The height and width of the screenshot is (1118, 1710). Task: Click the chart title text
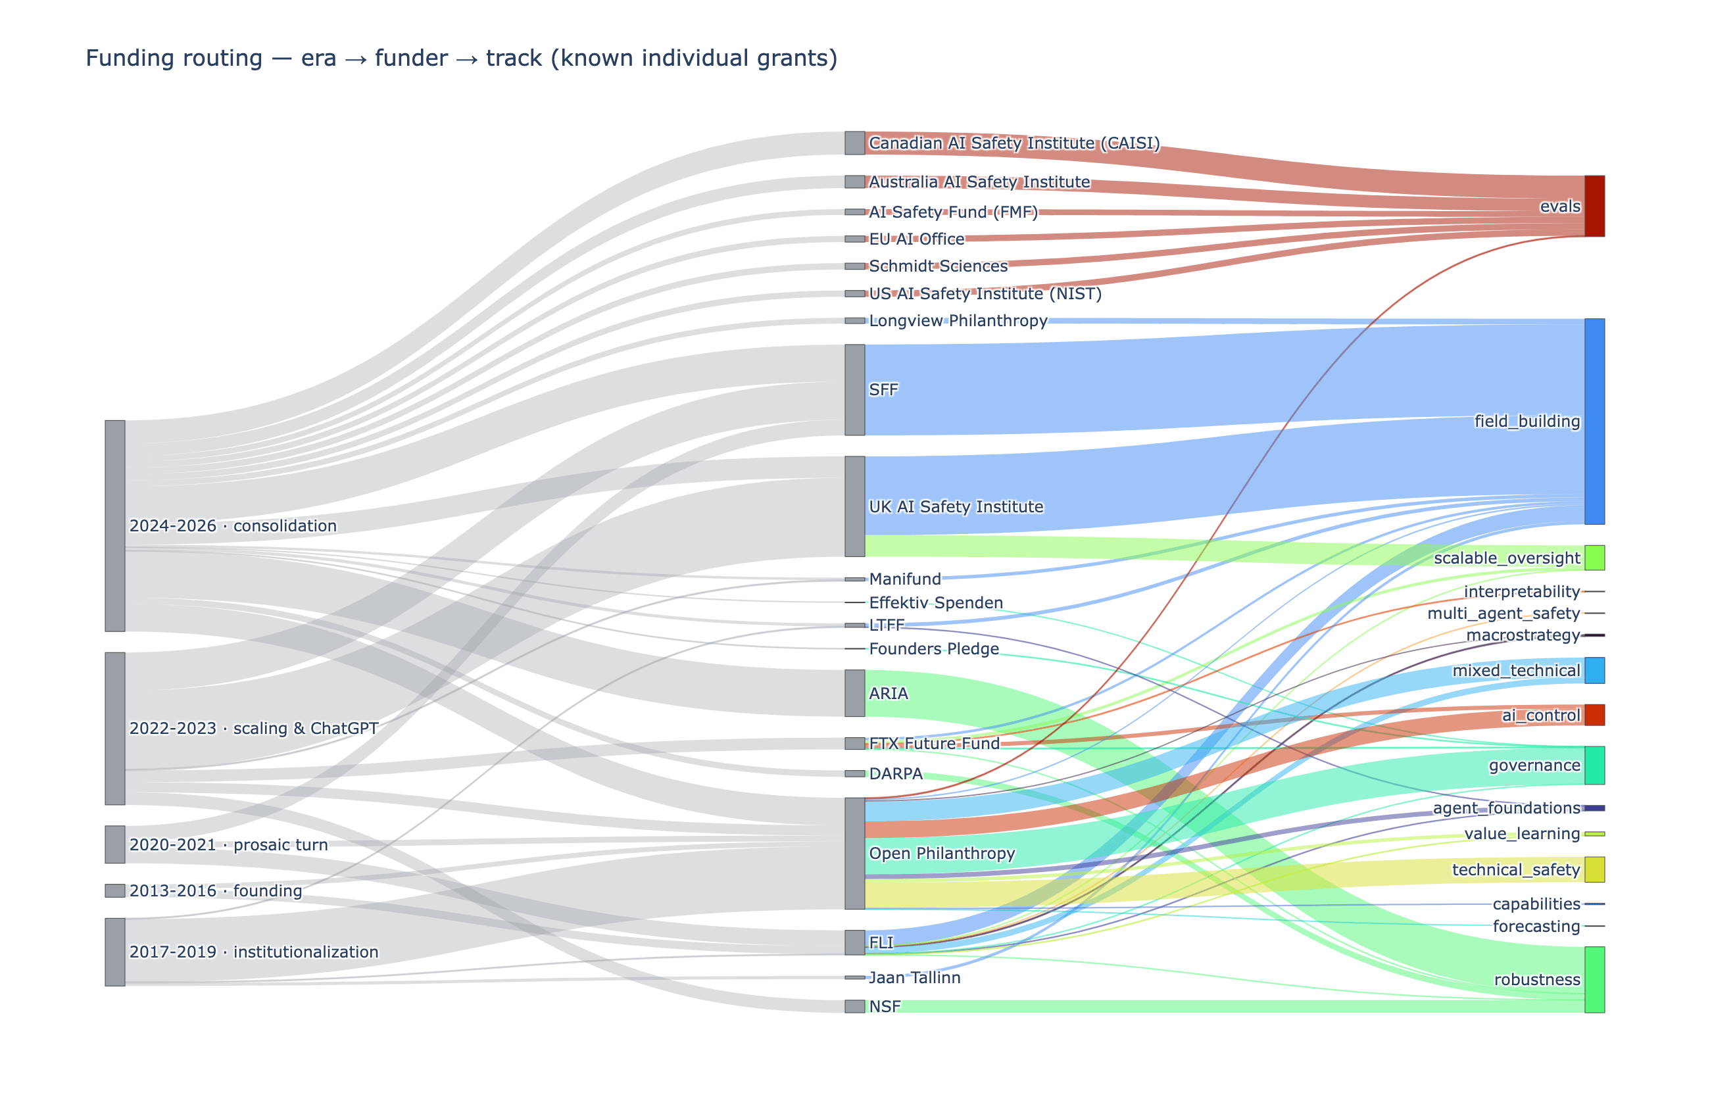(x=461, y=58)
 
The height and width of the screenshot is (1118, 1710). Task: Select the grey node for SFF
(x=854, y=389)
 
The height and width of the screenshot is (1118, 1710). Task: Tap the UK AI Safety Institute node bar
(x=854, y=506)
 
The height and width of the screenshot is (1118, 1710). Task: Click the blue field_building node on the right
(x=1594, y=421)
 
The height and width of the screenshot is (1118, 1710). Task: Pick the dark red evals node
(x=1594, y=207)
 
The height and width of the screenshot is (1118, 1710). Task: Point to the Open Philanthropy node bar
(x=854, y=853)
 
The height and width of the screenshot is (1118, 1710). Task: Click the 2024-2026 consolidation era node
(x=115, y=526)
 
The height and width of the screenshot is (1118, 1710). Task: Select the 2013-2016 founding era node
(x=115, y=891)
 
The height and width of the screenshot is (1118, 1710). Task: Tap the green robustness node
(x=1594, y=979)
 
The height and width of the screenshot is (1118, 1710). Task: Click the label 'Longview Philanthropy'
(x=958, y=320)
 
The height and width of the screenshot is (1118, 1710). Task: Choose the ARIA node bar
(x=854, y=693)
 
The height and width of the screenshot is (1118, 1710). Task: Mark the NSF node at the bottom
(x=854, y=1006)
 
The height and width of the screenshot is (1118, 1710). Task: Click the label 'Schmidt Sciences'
(x=939, y=266)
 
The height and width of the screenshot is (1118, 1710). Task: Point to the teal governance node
(x=1594, y=766)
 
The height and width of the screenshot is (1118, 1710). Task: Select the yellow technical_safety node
(x=1594, y=869)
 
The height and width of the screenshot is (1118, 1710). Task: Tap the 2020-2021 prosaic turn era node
(x=115, y=844)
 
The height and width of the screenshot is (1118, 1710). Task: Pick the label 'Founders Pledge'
(x=934, y=649)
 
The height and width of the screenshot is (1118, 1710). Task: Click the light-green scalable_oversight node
(x=1594, y=558)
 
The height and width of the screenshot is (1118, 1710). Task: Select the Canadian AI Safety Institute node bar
(x=854, y=143)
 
